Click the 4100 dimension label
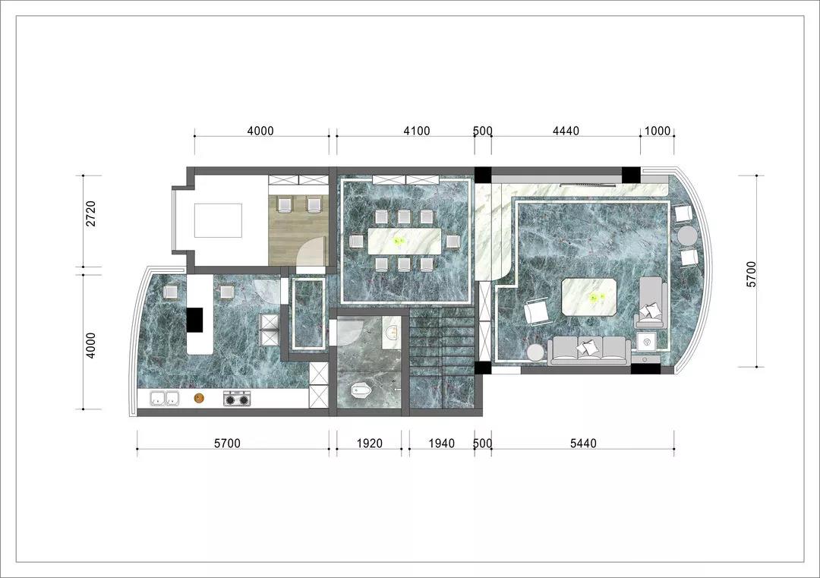tap(416, 131)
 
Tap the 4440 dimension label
tap(566, 131)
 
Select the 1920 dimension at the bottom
tap(369, 444)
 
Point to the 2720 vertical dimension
tap(91, 213)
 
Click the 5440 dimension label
tap(582, 444)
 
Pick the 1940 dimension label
tap(441, 444)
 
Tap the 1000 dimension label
tap(657, 131)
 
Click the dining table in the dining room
tap(404, 241)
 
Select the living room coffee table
tap(590, 297)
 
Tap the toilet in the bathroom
tap(361, 390)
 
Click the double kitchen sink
tap(165, 399)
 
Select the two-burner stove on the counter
tap(238, 399)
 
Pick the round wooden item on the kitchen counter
tap(199, 399)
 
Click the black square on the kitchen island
tap(195, 320)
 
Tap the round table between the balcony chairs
tap(687, 236)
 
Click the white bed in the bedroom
tap(218, 220)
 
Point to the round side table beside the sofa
tap(536, 352)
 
